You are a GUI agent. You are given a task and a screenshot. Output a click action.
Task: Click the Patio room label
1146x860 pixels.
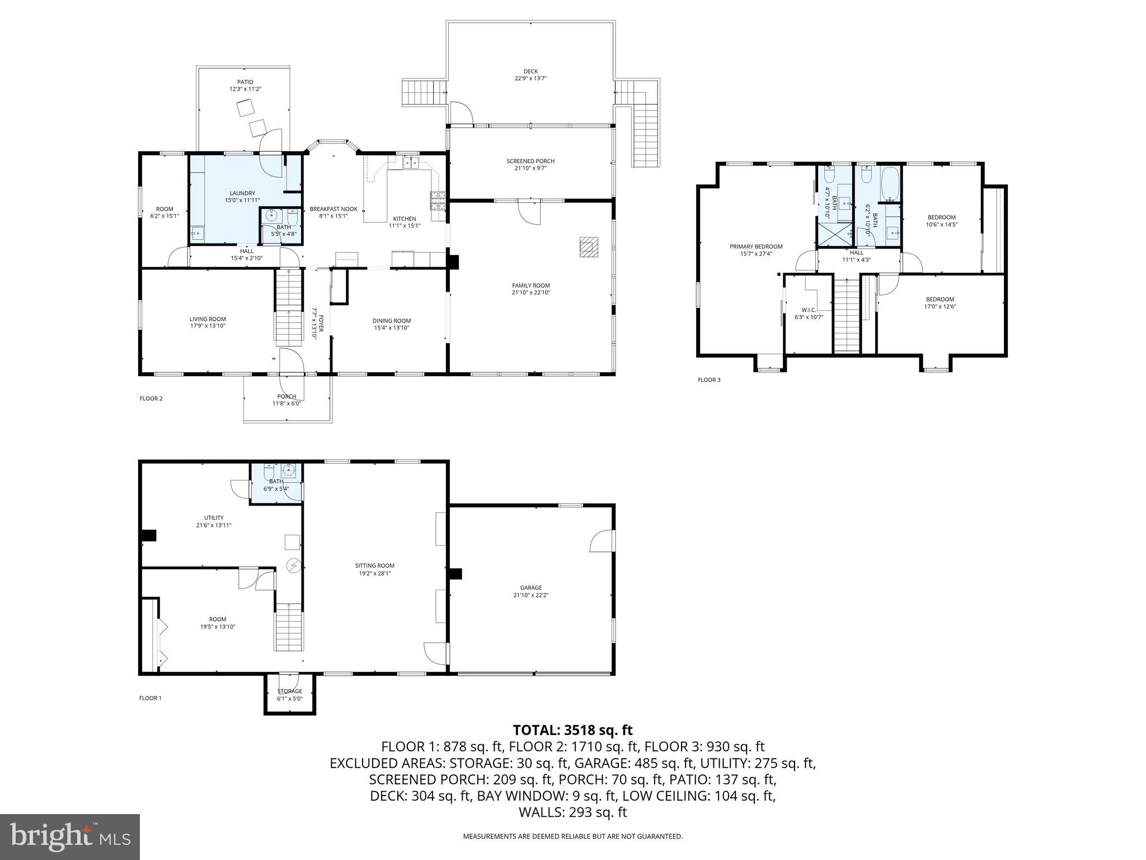coord(245,82)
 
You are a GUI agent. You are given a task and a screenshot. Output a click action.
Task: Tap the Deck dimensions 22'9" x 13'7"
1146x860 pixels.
coord(530,79)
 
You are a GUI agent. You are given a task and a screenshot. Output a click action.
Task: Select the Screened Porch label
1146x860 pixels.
coord(530,161)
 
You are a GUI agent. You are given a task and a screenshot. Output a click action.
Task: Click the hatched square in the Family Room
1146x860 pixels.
coord(588,246)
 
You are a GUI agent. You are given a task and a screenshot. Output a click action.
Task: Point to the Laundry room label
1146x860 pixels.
coord(242,193)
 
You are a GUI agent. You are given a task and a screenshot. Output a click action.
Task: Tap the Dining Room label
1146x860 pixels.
coord(392,321)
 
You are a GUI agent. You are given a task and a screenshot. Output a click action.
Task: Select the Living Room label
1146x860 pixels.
coord(208,319)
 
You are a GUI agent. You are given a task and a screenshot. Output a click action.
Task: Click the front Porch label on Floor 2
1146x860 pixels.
coord(286,396)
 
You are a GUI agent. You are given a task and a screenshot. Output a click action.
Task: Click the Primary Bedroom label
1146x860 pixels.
coord(756,246)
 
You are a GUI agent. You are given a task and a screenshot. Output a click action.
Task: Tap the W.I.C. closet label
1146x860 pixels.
coord(809,310)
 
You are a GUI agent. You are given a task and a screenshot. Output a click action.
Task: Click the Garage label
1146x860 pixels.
coord(530,588)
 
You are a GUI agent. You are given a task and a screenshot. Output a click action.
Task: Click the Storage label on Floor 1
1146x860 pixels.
coord(290,691)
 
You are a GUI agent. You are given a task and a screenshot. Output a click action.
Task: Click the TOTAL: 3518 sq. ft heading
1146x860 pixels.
coord(572,730)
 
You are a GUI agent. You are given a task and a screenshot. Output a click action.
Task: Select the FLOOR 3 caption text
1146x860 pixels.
coord(709,380)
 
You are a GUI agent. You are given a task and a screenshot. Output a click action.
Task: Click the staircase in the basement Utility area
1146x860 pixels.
coord(289,627)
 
